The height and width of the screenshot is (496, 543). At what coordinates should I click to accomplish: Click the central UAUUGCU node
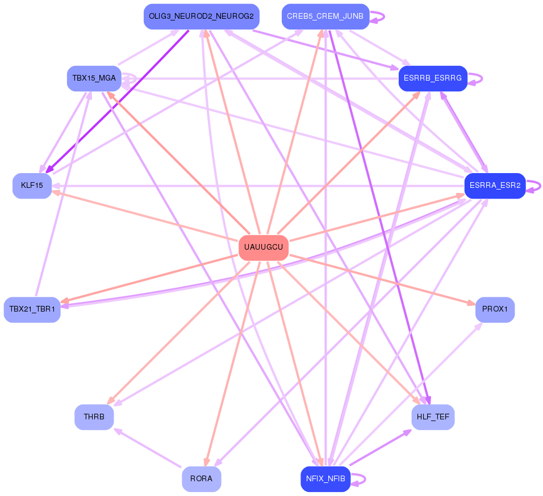tap(264, 247)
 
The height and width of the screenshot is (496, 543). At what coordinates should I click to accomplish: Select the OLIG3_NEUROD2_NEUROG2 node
tap(202, 16)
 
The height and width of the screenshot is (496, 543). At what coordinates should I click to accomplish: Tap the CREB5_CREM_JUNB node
tap(325, 16)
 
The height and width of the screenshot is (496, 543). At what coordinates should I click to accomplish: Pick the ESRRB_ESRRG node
tap(433, 78)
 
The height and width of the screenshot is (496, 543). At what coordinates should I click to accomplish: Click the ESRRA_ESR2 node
tap(495, 186)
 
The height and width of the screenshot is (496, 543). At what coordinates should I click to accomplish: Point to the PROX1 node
tap(495, 309)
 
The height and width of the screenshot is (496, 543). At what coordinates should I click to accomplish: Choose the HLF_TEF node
tap(433, 417)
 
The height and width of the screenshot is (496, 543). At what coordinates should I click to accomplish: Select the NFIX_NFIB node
tap(325, 479)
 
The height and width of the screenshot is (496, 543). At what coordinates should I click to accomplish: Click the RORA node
tap(202, 479)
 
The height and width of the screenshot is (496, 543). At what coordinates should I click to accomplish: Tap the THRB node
tap(94, 417)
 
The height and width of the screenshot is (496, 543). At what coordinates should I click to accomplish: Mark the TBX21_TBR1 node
tap(32, 309)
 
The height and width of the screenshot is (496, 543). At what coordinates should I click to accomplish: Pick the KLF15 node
tap(32, 186)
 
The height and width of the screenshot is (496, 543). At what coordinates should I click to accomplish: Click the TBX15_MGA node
tap(94, 78)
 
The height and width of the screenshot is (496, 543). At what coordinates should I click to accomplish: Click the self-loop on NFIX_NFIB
tap(358, 479)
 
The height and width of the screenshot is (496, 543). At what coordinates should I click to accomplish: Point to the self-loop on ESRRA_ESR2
tap(533, 186)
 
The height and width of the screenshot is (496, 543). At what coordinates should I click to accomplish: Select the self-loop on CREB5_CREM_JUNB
tap(377, 16)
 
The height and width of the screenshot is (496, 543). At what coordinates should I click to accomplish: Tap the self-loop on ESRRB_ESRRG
tap(475, 78)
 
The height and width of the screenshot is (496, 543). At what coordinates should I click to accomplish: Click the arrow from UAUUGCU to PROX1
tap(382, 280)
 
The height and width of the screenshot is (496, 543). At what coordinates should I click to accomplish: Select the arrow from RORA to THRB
tap(148, 448)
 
